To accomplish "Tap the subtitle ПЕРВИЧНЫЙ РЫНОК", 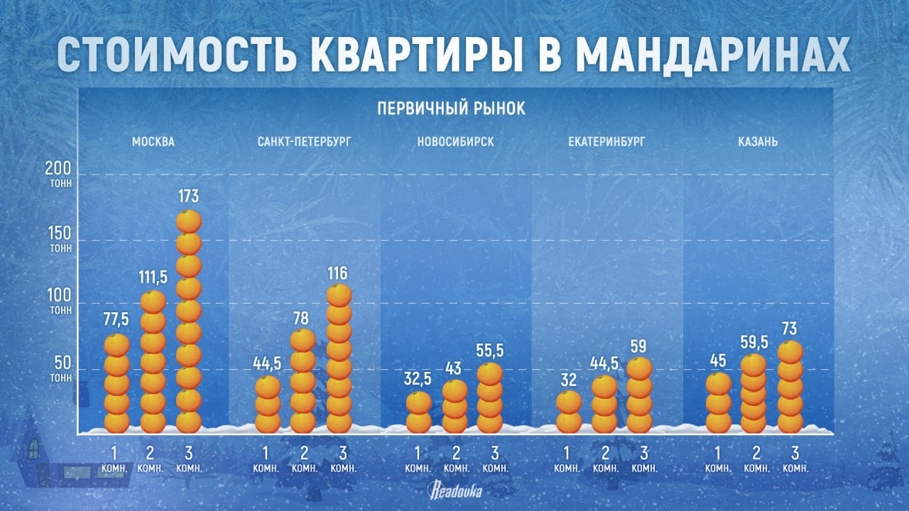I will coord(452,108).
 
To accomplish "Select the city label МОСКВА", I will coord(153,141).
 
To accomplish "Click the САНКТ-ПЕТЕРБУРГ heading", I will coord(304,141).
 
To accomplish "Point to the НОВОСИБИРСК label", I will coord(456,141).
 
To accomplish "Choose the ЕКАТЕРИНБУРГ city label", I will coord(606,141).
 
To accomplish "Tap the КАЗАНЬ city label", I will coord(758,141).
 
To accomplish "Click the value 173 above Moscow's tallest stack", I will coord(189,196).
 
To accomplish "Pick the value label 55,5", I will coord(490,350).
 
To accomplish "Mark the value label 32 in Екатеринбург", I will coord(568,379).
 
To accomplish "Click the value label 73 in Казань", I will coord(790,329).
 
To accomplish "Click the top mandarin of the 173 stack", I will coord(189,221).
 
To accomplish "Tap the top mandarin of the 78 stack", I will coord(303,340).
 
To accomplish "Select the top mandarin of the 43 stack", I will coord(455,390).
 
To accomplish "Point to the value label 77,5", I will coord(116,320).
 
